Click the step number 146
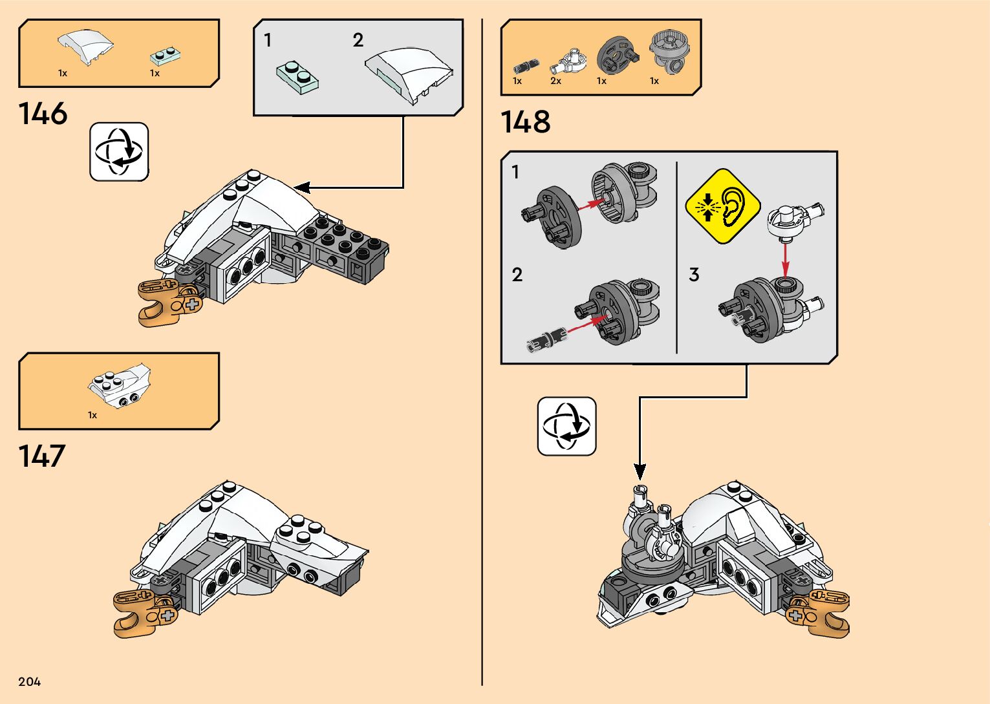tap(43, 114)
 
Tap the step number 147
tap(42, 456)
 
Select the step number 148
tap(525, 122)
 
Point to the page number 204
tap(30, 681)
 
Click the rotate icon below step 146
tap(119, 152)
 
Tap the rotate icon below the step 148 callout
tap(566, 427)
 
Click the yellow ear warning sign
tap(722, 206)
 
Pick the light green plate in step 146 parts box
tap(164, 55)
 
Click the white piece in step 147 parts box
tap(120, 387)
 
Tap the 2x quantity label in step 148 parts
tap(555, 81)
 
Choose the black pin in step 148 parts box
tap(522, 66)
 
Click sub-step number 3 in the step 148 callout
tap(694, 275)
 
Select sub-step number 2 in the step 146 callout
tap(358, 41)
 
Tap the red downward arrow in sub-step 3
tap(785, 258)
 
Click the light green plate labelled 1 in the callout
tap(297, 76)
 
